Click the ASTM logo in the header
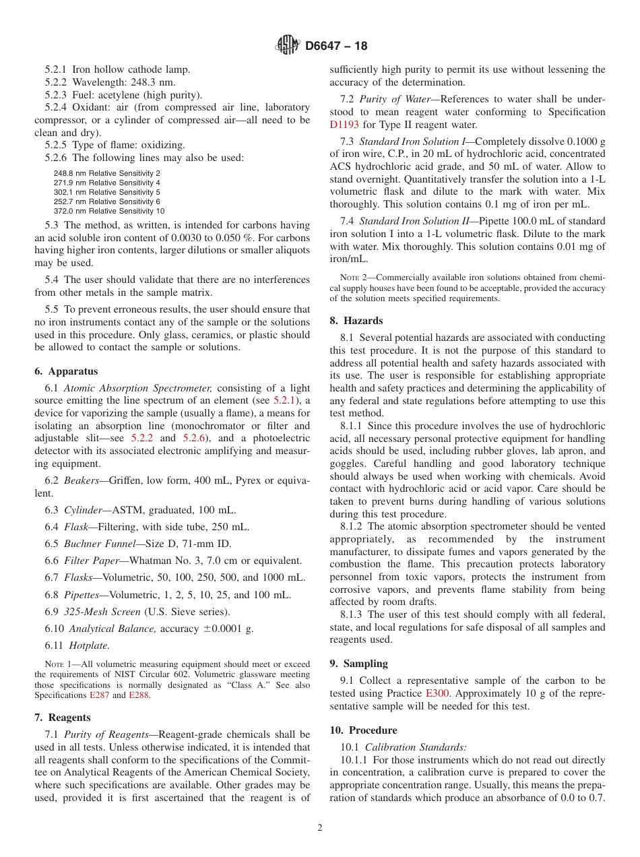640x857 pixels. pyautogui.click(x=288, y=46)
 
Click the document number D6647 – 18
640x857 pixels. pyautogui.click(x=336, y=46)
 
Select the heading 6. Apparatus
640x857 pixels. pyautogui.click(x=66, y=371)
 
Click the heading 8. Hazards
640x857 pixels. pyautogui.click(x=356, y=321)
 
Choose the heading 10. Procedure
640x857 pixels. pyautogui.click(x=363, y=730)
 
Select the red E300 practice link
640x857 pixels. pyautogui.click(x=437, y=693)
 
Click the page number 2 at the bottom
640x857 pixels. pyautogui.click(x=320, y=828)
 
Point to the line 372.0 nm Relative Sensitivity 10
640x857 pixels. pyautogui.click(x=108, y=211)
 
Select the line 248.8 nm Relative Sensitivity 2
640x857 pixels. pyautogui.click(x=106, y=173)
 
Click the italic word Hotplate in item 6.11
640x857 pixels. pyautogui.click(x=89, y=645)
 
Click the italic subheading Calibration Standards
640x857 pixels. pyautogui.click(x=416, y=747)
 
